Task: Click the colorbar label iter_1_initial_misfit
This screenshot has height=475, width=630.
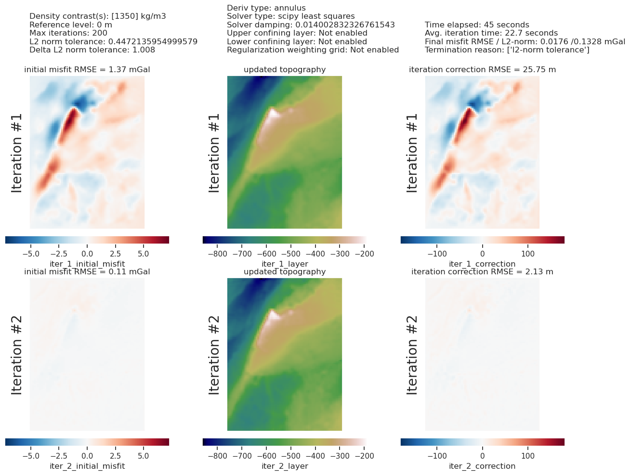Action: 87,264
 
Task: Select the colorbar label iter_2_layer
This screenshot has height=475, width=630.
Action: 285,466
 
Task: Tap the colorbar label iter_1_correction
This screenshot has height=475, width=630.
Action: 482,264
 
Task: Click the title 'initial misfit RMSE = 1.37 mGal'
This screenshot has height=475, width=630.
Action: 87,70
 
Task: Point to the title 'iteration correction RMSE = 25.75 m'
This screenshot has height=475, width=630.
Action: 482,70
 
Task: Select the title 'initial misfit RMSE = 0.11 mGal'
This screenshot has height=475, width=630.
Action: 87,272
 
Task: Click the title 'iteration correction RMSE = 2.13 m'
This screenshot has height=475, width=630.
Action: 482,272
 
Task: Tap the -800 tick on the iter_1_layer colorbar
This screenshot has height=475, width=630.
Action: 218,253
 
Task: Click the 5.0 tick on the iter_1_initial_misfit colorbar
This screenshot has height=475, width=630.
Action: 144,253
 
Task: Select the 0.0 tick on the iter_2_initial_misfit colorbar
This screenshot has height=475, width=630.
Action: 87,455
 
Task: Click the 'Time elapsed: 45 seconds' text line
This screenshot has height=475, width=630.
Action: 477,25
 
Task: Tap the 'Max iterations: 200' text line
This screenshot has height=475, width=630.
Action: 68,33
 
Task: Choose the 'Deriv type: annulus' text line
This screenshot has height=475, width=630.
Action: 266,8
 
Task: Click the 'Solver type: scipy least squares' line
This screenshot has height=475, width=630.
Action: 290,16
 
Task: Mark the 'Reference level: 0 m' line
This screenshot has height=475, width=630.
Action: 71,25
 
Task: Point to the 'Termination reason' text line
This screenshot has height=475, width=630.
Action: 507,50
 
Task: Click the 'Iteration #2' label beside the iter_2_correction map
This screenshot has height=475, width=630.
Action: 412,355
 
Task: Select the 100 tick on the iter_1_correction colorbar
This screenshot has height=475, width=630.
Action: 528,253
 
